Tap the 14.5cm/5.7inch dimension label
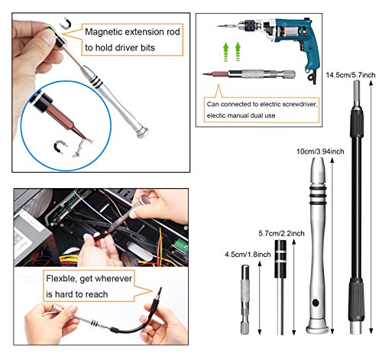click(351, 75)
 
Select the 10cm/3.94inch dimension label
click(320, 151)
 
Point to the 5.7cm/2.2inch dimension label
click(281, 233)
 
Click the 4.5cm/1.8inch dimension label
click(248, 255)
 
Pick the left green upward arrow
click(225, 52)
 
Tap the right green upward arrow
click(238, 51)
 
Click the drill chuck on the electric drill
click(246, 25)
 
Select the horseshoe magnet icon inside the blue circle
click(60, 147)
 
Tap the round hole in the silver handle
click(316, 303)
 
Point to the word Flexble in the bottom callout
click(60, 278)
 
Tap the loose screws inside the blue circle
click(83, 147)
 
